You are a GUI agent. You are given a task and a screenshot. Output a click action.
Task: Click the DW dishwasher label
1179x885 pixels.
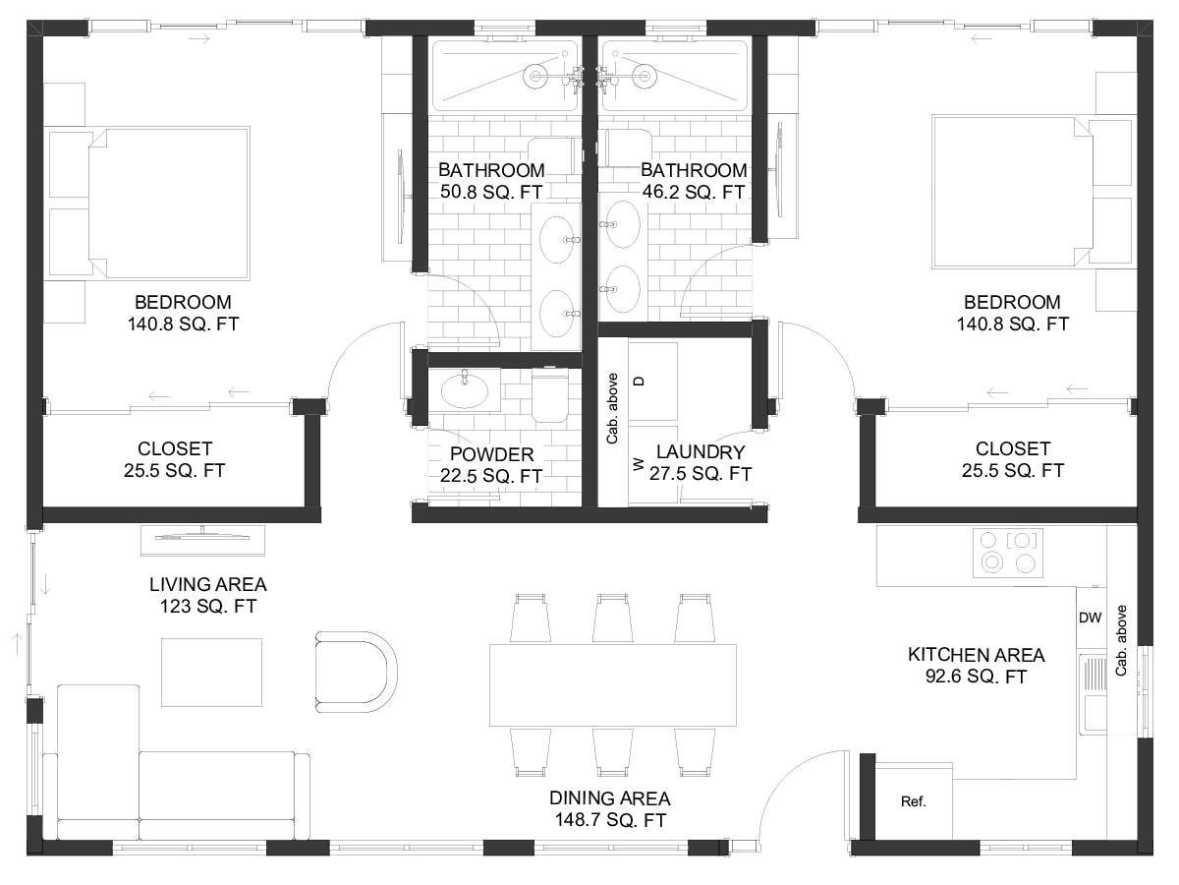click(x=1090, y=618)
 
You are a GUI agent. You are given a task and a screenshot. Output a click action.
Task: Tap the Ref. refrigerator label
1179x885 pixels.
click(x=913, y=801)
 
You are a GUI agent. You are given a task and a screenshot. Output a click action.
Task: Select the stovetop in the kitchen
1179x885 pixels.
click(x=1008, y=553)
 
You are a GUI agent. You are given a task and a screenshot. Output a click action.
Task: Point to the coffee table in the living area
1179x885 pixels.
click(x=211, y=673)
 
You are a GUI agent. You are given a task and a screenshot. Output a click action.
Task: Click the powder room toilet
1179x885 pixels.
click(x=550, y=395)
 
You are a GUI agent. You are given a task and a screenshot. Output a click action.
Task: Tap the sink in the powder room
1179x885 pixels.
click(x=465, y=390)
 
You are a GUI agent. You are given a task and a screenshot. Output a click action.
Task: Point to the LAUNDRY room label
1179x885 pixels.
click(x=701, y=452)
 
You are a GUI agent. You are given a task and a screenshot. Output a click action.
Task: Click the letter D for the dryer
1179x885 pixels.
click(x=639, y=381)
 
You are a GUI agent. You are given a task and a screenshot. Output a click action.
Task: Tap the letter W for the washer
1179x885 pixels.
click(x=638, y=464)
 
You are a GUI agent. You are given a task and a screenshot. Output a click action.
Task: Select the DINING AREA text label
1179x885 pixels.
click(x=610, y=798)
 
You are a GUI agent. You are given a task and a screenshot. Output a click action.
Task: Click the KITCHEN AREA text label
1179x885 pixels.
click(x=976, y=655)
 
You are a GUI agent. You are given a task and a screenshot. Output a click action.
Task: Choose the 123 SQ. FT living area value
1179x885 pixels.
click(x=208, y=606)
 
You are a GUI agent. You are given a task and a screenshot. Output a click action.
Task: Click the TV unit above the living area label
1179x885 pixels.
click(x=202, y=540)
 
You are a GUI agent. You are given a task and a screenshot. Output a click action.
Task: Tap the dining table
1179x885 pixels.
click(x=613, y=685)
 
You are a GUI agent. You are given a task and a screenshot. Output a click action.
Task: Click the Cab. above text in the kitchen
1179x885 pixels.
click(x=1121, y=640)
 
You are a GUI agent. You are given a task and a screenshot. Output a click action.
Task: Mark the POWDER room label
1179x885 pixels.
click(x=491, y=454)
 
